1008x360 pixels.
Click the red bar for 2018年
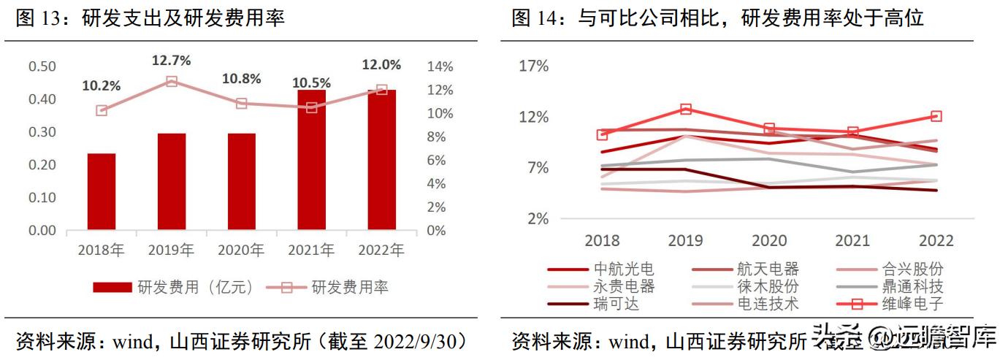click(102, 192)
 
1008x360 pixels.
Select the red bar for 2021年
click(312, 160)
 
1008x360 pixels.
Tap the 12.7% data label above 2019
click(171, 61)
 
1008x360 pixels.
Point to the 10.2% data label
click(102, 86)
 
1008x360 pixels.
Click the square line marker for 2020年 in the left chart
click(242, 104)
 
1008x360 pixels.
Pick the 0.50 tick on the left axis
click(42, 66)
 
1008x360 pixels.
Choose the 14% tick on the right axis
click(440, 66)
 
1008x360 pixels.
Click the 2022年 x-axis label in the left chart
click(381, 250)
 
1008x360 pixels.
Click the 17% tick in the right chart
click(533, 66)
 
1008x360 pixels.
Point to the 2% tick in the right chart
click(538, 219)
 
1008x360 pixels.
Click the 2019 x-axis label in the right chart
click(686, 241)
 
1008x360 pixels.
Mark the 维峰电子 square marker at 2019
click(686, 110)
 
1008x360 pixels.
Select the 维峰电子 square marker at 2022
click(936, 117)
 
